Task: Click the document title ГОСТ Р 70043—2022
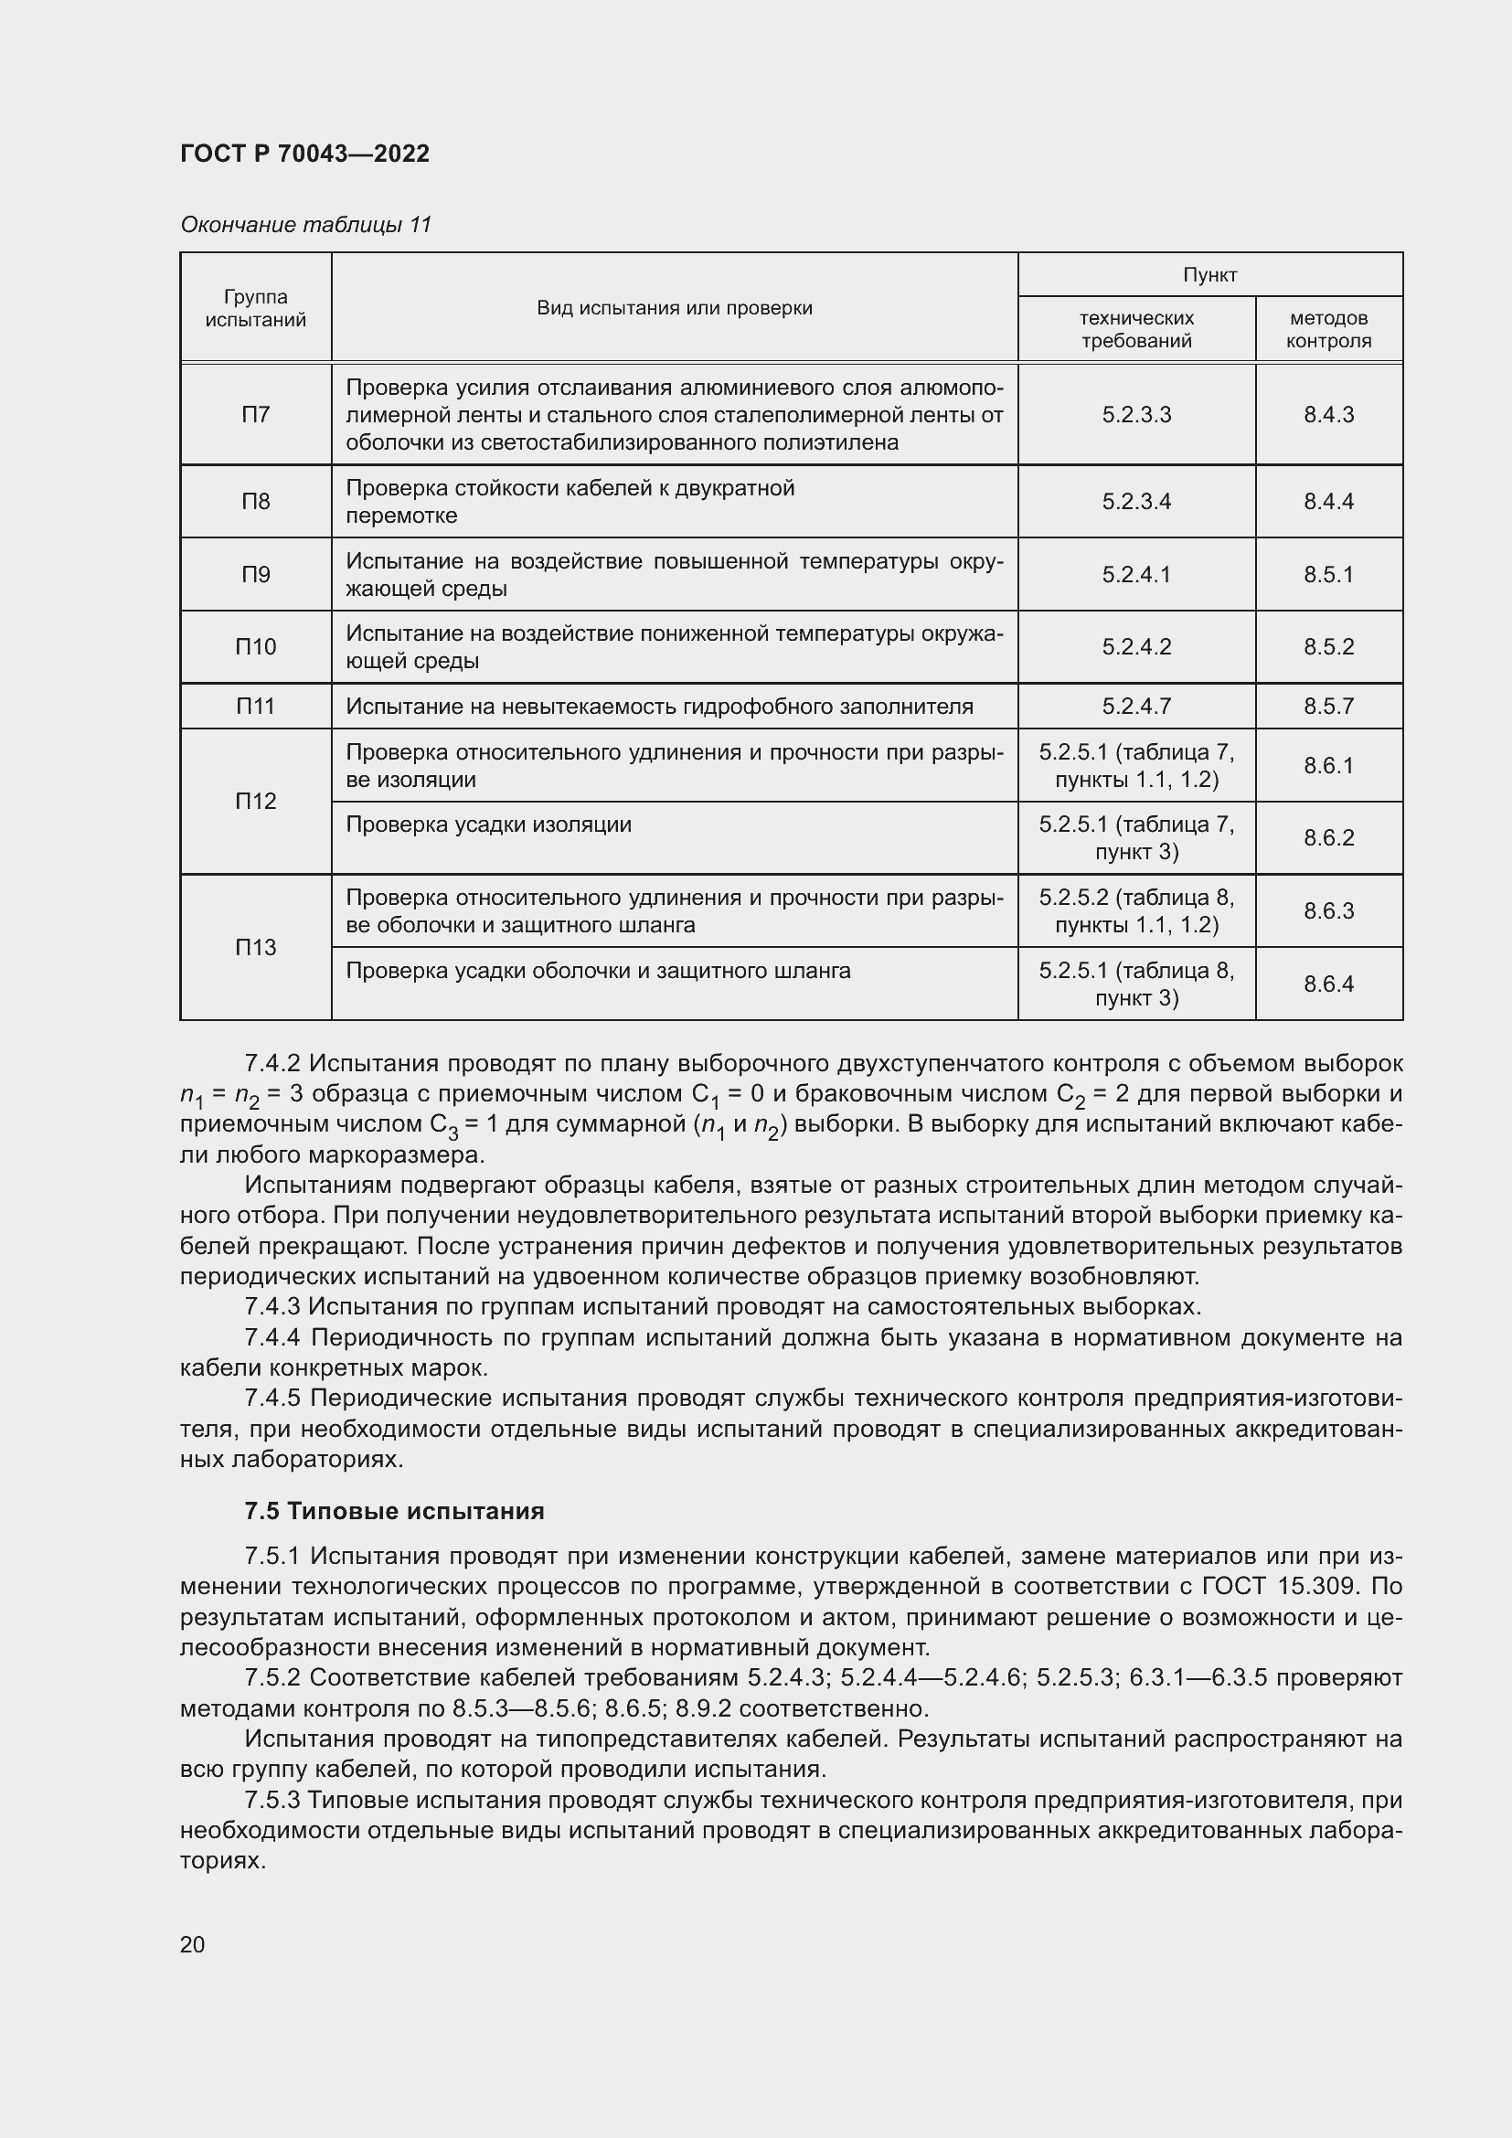pyautogui.click(x=304, y=154)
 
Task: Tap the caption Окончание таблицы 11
pyautogui.click(x=305, y=225)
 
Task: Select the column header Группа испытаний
pyautogui.click(x=255, y=308)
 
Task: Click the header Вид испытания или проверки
pyautogui.click(x=674, y=308)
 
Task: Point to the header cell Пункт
pyautogui.click(x=1209, y=275)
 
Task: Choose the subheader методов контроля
pyautogui.click(x=1328, y=330)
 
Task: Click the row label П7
pyautogui.click(x=255, y=414)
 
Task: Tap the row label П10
pyautogui.click(x=255, y=646)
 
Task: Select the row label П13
pyautogui.click(x=255, y=947)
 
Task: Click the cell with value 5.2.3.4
pyautogui.click(x=1136, y=502)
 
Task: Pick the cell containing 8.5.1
pyautogui.click(x=1328, y=575)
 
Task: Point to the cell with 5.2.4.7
pyautogui.click(x=1136, y=707)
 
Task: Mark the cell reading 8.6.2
pyautogui.click(x=1328, y=838)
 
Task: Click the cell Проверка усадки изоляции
pyautogui.click(x=489, y=825)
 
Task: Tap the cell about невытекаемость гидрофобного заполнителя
pyautogui.click(x=659, y=707)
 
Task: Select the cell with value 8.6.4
pyautogui.click(x=1328, y=984)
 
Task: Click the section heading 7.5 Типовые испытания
pyautogui.click(x=394, y=1510)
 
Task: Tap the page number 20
pyautogui.click(x=193, y=1944)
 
